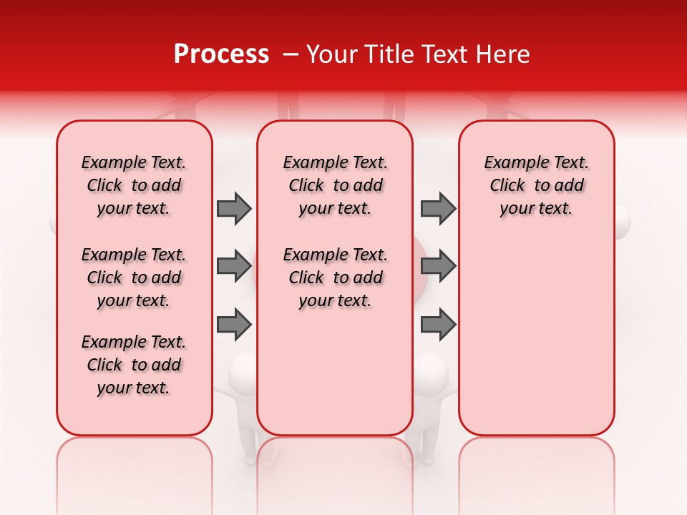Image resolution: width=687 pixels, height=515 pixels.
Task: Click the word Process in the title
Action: (x=221, y=54)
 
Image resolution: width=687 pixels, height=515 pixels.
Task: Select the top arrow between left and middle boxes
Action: (x=234, y=209)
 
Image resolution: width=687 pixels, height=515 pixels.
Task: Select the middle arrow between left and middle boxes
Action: (x=234, y=267)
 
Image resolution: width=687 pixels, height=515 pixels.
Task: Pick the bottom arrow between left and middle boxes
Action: (x=234, y=324)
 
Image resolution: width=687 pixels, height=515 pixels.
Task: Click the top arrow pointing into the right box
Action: (x=438, y=209)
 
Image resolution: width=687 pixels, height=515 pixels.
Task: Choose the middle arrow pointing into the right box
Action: (x=438, y=267)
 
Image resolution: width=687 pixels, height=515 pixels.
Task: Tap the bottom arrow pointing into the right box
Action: (x=438, y=324)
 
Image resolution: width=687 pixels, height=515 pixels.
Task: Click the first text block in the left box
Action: (x=134, y=185)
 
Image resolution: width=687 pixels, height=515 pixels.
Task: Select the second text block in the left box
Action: (x=134, y=278)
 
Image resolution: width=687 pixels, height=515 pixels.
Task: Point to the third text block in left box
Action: (x=134, y=365)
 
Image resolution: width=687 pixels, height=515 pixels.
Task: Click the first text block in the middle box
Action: (x=336, y=185)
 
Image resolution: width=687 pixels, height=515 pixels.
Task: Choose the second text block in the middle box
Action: (x=336, y=278)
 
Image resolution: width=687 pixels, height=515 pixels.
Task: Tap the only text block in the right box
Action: (x=537, y=185)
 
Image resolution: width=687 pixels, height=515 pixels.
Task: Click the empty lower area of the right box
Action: (x=537, y=336)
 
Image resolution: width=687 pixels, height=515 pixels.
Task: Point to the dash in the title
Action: (x=291, y=54)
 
